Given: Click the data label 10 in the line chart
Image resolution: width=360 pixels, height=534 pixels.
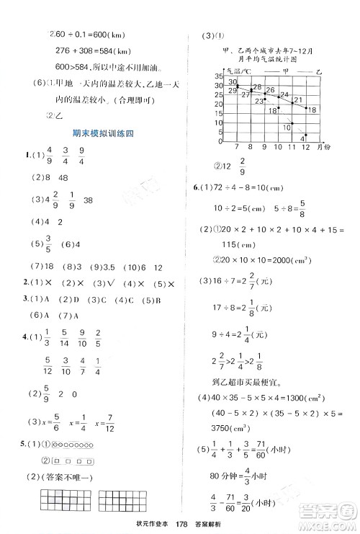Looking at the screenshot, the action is pos(287,127).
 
